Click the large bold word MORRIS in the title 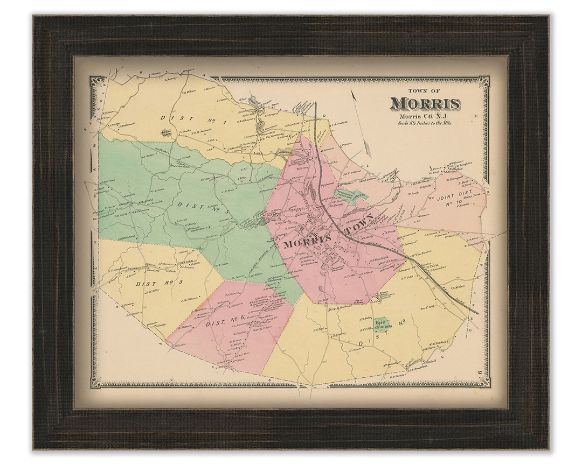425,103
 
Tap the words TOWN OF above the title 424,91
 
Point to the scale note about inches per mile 424,123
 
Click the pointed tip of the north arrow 352,90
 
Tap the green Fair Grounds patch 382,324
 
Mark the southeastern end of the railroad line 477,313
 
